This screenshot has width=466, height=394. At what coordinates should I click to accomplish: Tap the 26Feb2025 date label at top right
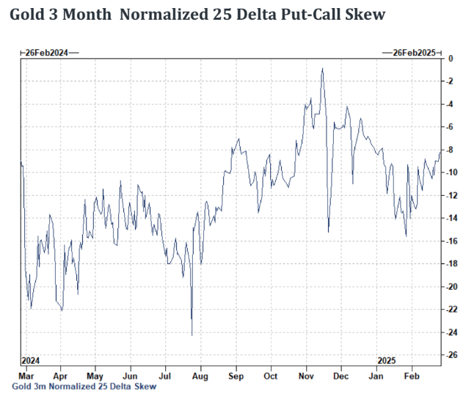click(414, 53)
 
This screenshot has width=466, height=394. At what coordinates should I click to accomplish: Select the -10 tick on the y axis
click(453, 172)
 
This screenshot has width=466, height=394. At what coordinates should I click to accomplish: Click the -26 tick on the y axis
click(453, 355)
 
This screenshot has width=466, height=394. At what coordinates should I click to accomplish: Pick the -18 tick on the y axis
click(453, 264)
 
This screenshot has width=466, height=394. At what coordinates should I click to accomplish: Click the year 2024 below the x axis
click(32, 361)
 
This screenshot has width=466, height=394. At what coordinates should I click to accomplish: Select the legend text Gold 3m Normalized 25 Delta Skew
click(84, 386)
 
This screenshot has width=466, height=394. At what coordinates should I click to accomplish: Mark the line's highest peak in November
click(322, 69)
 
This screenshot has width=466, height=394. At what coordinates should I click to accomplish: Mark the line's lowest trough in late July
click(192, 335)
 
